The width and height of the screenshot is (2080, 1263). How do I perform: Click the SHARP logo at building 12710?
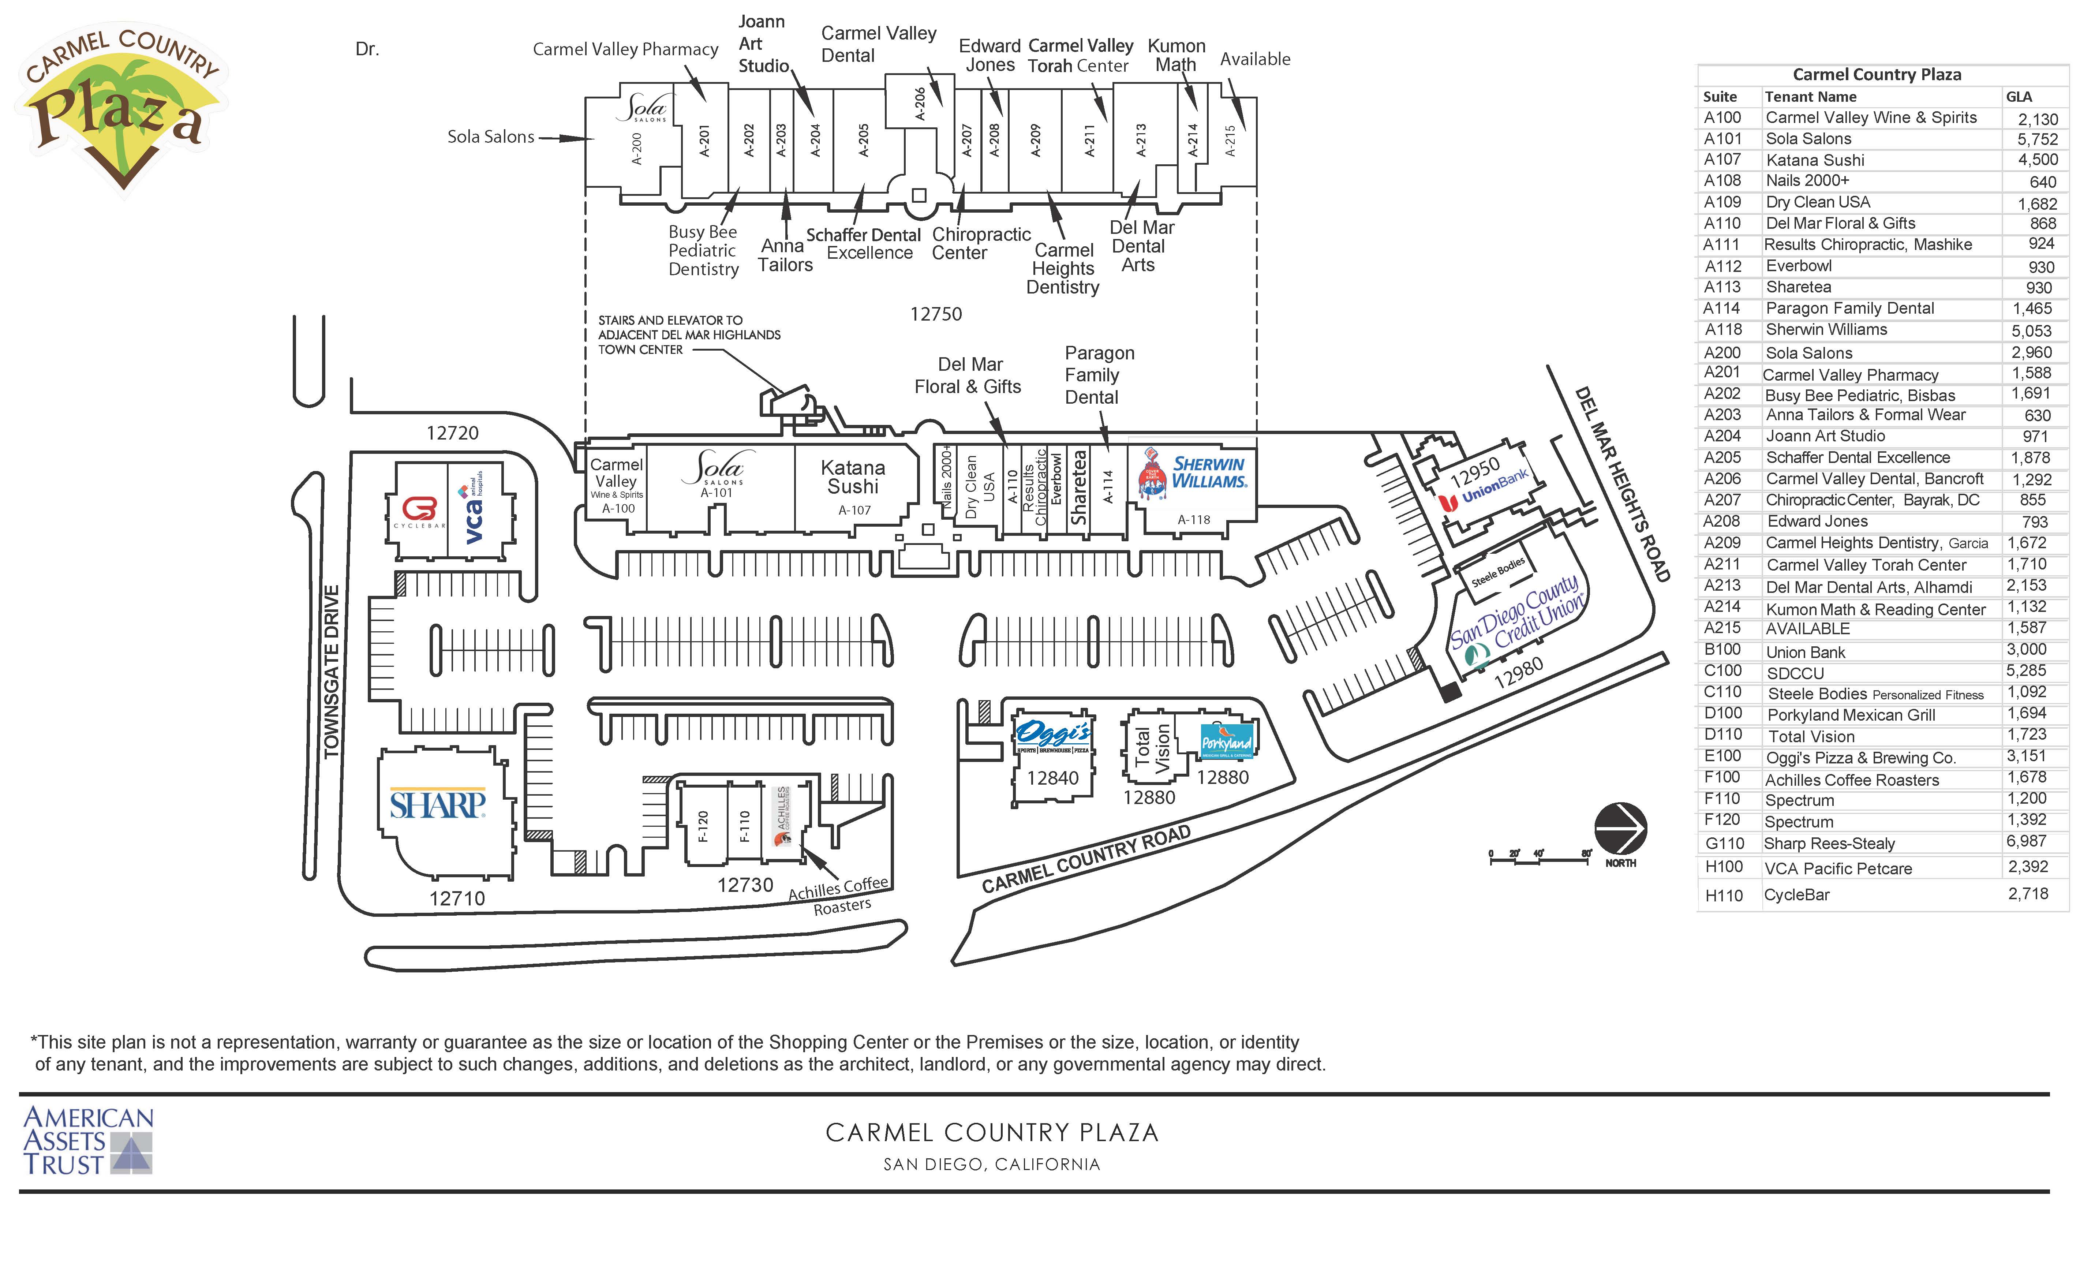437,804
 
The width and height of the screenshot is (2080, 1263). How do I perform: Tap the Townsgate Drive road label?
332,671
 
